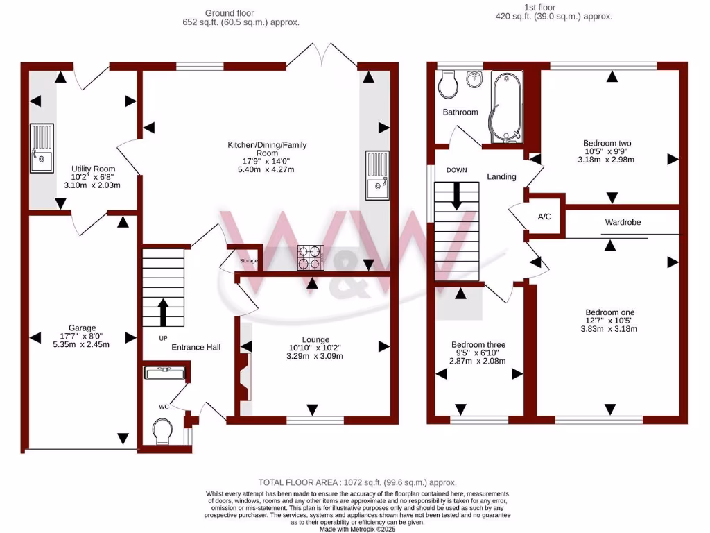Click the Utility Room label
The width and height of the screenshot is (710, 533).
point(94,169)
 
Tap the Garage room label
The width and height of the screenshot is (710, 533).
point(82,328)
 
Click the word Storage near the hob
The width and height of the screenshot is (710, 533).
point(248,261)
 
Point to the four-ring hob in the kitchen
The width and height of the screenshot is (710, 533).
point(311,258)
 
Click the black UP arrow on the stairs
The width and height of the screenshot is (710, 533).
point(163,312)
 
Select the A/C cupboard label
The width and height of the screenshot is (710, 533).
point(544,217)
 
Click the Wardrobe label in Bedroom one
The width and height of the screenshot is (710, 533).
point(623,222)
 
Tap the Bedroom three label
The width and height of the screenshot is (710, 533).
point(478,344)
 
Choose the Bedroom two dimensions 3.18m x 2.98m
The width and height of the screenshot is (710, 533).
point(607,160)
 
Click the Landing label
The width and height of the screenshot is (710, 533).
point(501,176)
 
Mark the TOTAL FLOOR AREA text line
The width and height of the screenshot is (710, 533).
point(357,482)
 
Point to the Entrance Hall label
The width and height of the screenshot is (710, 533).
point(196,346)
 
